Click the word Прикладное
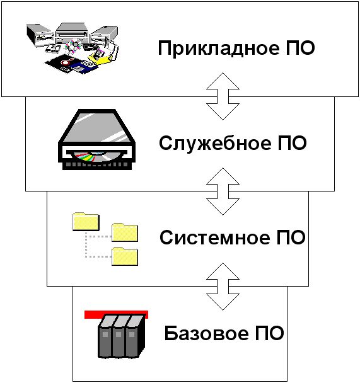219,49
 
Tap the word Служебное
215,144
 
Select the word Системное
214,237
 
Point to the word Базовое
207,333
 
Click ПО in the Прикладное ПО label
300,48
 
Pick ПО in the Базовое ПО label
270,333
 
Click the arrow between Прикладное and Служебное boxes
223,96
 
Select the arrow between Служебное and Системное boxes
223,191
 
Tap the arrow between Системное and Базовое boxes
223,287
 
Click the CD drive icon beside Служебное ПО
97,139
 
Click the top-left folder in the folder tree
86,222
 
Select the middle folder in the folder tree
125,232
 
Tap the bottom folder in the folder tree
125,256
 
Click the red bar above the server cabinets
116,314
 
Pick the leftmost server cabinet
105,336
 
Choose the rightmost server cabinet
135,336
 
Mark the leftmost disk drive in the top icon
40,35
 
